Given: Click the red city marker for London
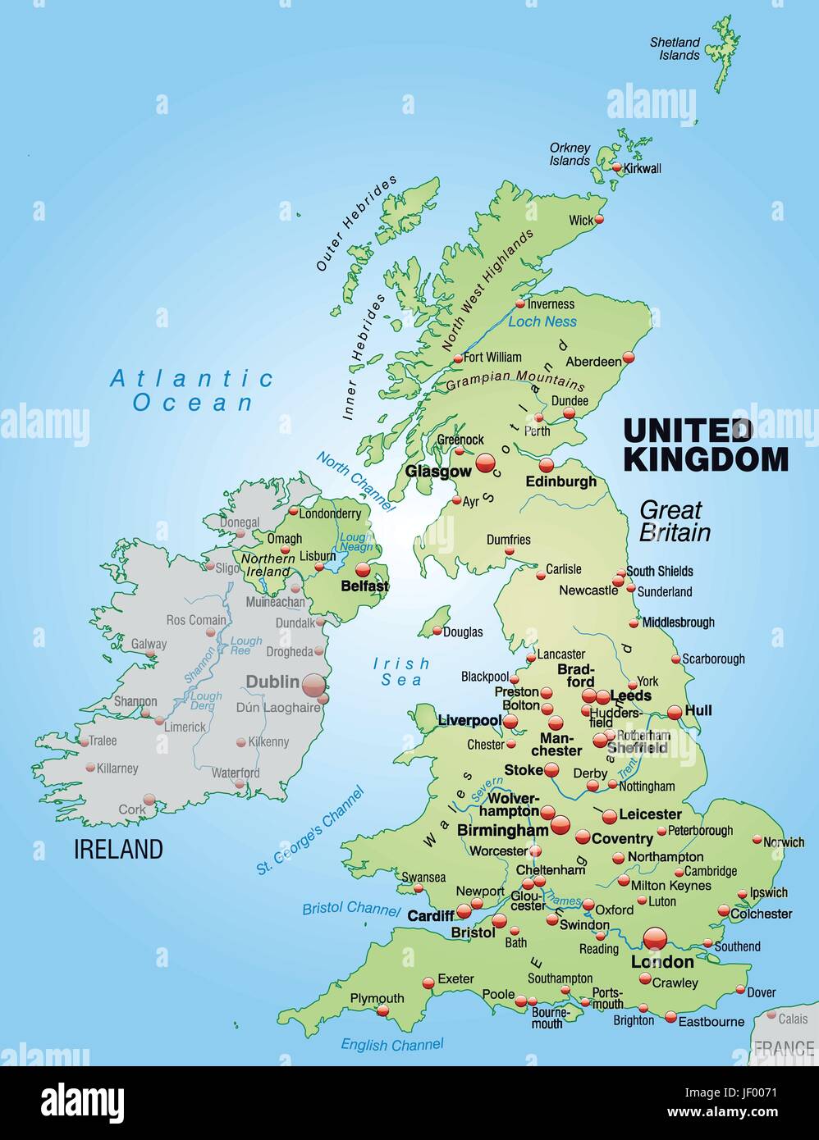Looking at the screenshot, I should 656,938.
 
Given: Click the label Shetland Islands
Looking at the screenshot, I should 675,48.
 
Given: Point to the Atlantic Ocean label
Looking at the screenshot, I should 193,390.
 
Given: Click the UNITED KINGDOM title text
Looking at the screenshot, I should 706,445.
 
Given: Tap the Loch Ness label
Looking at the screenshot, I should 542,321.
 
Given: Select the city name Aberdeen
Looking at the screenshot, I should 593,362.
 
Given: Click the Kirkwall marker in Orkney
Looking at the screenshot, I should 617,168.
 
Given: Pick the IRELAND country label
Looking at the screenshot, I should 119,849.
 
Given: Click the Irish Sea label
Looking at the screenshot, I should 401,671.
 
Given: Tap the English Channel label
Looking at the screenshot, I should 392,1044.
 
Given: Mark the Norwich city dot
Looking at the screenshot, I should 757,840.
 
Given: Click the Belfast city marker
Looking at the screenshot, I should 363,569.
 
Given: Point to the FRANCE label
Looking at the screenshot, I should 784,1047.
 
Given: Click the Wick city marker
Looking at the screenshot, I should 599,219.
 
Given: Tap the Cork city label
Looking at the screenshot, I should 131,809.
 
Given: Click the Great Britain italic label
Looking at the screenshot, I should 675,521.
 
